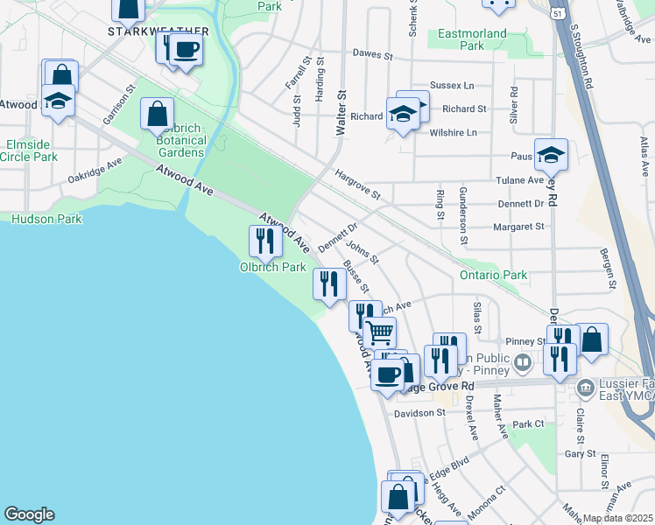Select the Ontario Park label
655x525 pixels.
(493, 275)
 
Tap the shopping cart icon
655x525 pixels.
(380, 332)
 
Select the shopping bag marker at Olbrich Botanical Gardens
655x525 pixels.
(157, 114)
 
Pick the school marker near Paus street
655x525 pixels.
(551, 155)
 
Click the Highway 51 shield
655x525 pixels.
(557, 12)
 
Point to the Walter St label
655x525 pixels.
(342, 111)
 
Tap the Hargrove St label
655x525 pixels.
(357, 185)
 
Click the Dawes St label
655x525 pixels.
(372, 54)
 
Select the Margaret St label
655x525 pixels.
(519, 226)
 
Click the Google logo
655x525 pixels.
(29, 514)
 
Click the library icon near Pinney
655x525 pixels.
(524, 360)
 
